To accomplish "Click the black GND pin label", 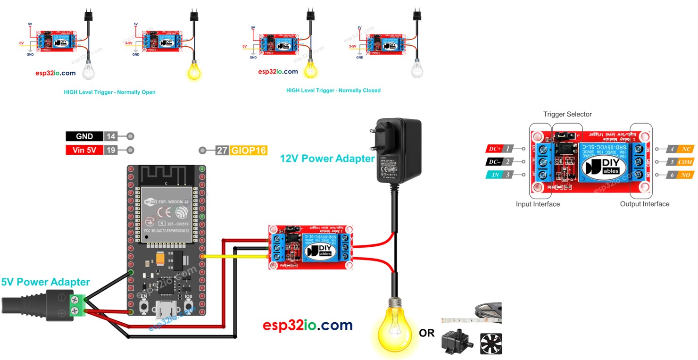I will coord(84,136).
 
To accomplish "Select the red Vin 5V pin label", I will coord(84,151).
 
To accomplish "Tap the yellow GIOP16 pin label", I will coord(249,151).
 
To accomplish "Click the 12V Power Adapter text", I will coord(327,159).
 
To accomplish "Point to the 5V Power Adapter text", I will coord(45,282).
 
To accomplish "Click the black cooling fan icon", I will coord(491,343).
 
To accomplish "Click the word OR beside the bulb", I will coord(427,333).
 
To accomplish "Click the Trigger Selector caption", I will coord(567,114).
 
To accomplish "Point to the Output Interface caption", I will coord(644,204).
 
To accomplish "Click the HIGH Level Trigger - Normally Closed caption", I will coord(333,90).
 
